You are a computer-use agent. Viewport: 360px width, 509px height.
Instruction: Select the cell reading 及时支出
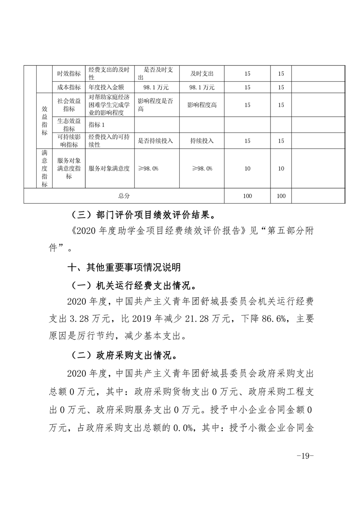coord(202,73)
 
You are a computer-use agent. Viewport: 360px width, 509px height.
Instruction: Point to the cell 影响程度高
coord(202,105)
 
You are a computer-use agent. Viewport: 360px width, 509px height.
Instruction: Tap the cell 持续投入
coord(202,141)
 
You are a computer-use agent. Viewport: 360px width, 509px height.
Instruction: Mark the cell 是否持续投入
coord(155,141)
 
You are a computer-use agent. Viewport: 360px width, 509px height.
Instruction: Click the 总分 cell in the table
coord(123,196)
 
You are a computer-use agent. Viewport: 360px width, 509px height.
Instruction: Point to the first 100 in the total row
coord(247,196)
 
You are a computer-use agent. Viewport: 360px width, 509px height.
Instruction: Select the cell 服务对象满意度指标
coord(69,168)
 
